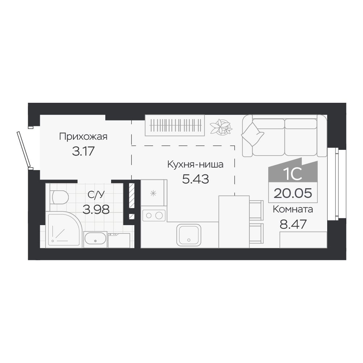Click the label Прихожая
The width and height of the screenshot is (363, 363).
(x=83, y=136)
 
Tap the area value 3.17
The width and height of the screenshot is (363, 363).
(x=83, y=151)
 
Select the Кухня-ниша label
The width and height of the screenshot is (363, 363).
(x=195, y=164)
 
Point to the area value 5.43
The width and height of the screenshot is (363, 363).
(x=195, y=179)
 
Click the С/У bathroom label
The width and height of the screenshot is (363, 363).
(x=96, y=194)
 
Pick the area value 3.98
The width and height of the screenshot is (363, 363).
(x=96, y=210)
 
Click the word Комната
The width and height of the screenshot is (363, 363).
(x=293, y=209)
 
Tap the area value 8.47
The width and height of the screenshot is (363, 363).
(x=293, y=224)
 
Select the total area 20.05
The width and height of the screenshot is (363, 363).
(x=293, y=193)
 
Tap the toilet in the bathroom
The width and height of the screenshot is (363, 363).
(x=59, y=197)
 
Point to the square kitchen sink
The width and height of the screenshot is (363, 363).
(x=189, y=235)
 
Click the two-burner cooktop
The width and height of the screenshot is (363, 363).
(x=154, y=216)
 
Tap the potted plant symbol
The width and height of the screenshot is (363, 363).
(x=221, y=127)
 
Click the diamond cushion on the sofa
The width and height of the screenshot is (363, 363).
(x=253, y=134)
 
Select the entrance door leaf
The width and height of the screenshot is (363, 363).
(x=24, y=149)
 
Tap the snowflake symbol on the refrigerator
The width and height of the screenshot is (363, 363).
(x=153, y=193)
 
